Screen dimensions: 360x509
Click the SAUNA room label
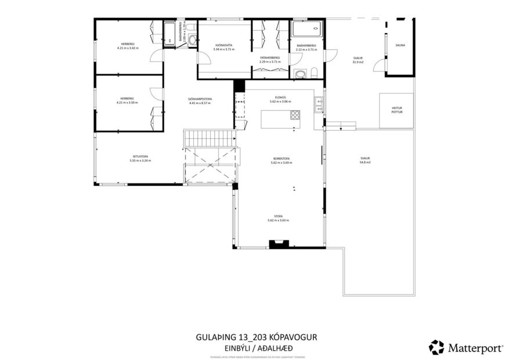[400, 45]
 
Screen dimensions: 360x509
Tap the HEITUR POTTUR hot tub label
[396, 110]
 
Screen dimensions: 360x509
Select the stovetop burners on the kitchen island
[295, 114]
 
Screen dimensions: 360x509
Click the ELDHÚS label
[280, 97]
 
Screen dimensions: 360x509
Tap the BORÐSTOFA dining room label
[281, 159]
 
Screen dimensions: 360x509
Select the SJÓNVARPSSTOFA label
[200, 99]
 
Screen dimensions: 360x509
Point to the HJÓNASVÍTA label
[223, 45]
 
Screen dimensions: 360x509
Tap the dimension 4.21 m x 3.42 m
[127, 48]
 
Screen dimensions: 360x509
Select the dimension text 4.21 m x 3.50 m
[127, 103]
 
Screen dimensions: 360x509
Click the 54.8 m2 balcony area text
[364, 163]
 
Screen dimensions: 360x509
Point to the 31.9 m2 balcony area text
[358, 62]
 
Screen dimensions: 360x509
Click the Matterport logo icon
[436, 347]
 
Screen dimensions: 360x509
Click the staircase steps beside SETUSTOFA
[210, 138]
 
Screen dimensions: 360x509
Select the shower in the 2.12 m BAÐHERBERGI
[305, 28]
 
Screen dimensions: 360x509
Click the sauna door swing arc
[378, 64]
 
